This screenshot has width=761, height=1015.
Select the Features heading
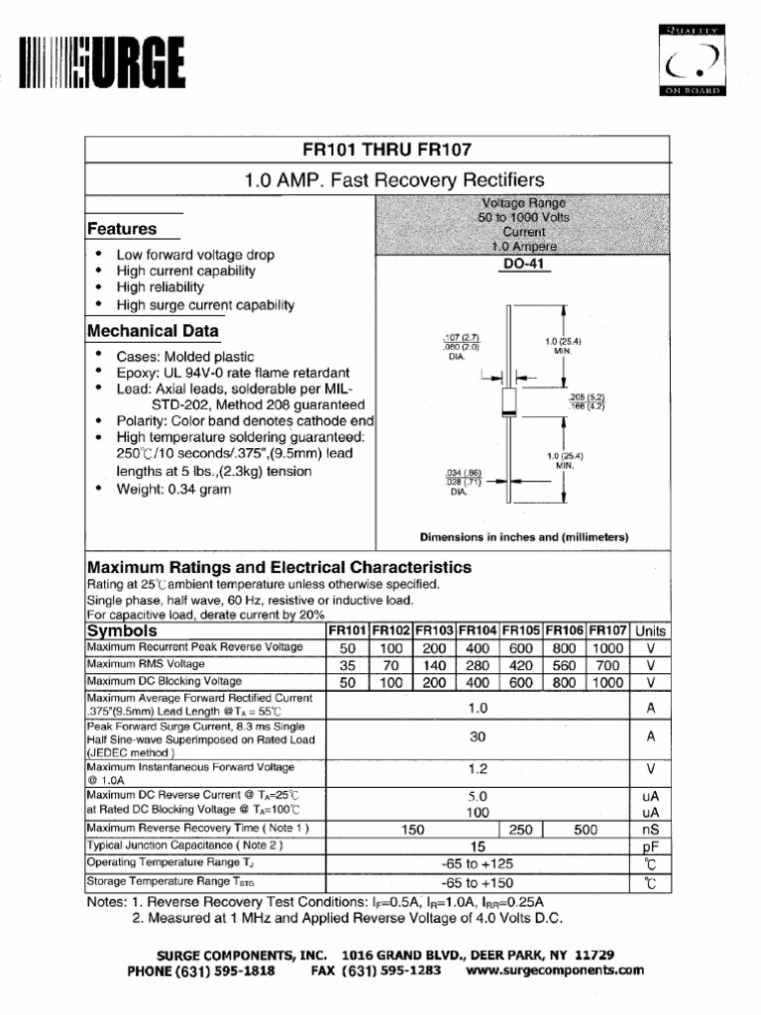122,229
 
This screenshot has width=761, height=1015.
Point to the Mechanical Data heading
154,331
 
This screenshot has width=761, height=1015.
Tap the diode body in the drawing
509,400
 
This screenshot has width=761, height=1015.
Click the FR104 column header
478,630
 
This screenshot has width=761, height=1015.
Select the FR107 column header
607,630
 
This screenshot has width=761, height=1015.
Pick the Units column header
650,630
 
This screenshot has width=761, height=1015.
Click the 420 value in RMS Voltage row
521,665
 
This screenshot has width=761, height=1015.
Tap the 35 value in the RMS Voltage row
347,665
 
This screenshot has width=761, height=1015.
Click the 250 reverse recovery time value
521,830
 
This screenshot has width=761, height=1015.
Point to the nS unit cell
650,830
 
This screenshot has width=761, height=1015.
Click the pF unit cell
650,847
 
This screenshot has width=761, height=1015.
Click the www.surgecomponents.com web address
554,970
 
